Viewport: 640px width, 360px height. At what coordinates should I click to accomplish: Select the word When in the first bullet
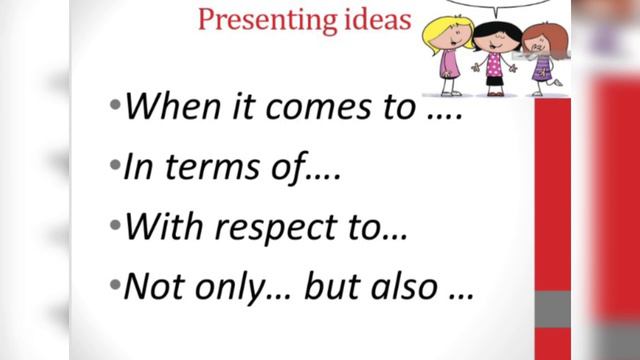click(164, 106)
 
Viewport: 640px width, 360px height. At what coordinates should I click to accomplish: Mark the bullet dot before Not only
click(114, 288)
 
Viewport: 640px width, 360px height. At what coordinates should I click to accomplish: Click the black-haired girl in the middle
click(494, 55)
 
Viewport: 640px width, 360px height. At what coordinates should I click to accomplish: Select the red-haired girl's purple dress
click(543, 67)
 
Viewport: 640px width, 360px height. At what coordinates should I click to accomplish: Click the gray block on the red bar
click(552, 308)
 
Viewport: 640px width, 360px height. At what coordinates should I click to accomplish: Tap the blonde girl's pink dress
click(450, 63)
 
